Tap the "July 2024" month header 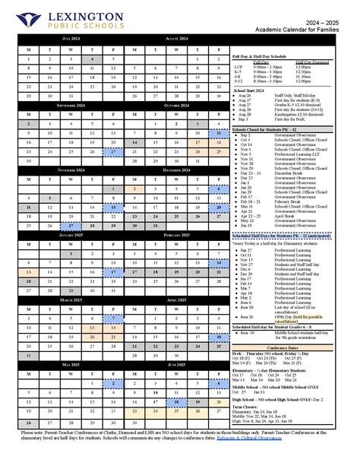point(71,37)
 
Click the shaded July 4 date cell point(93,59)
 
